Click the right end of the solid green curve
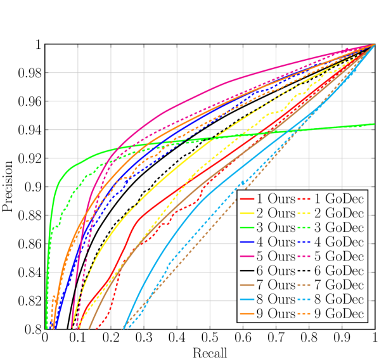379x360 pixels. pyautogui.click(x=375, y=124)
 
